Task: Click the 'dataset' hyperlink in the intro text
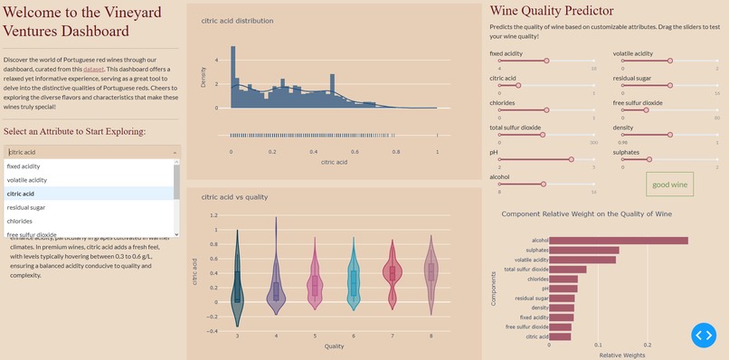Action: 94,69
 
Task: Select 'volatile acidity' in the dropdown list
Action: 27,180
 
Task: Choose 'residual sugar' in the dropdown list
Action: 26,207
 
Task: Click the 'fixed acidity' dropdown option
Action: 24,166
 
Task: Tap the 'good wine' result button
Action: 670,185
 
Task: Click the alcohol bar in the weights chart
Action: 619,241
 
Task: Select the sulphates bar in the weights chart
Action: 584,251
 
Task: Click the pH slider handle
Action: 572,159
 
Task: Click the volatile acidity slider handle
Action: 670,61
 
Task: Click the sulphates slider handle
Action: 649,159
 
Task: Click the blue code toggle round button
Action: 703,335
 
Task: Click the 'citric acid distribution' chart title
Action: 237,20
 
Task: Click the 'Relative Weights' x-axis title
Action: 622,355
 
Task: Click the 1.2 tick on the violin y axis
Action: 213,215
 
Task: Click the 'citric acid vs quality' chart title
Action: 234,196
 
